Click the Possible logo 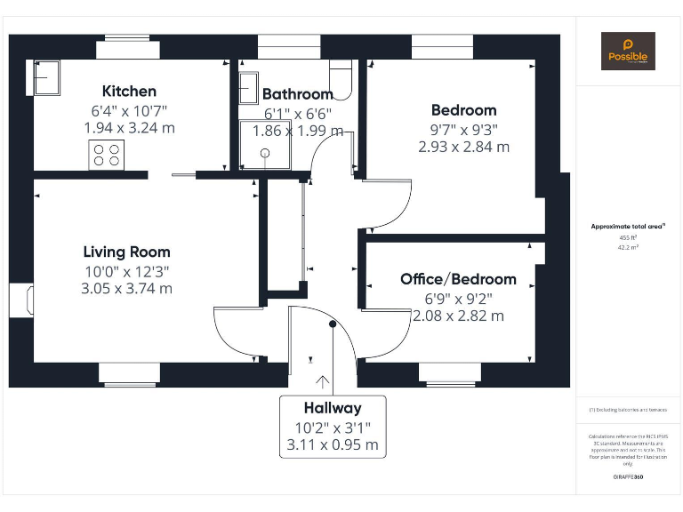tap(628, 51)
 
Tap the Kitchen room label tap(129, 91)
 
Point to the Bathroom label tap(297, 93)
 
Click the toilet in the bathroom tap(342, 78)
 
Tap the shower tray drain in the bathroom tap(264, 152)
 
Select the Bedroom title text tap(463, 110)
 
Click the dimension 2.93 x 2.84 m tap(463, 147)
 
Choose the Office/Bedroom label tap(458, 279)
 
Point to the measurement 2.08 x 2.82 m tap(458, 316)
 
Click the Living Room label tap(126, 252)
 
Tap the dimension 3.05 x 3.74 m tap(126, 288)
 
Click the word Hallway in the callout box tap(333, 408)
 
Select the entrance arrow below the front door tap(321, 383)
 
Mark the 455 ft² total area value tap(629, 237)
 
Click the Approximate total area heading tap(628, 227)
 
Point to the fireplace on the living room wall tap(22, 300)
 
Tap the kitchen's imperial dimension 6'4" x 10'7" tap(129, 110)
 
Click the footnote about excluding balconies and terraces tap(628, 410)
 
